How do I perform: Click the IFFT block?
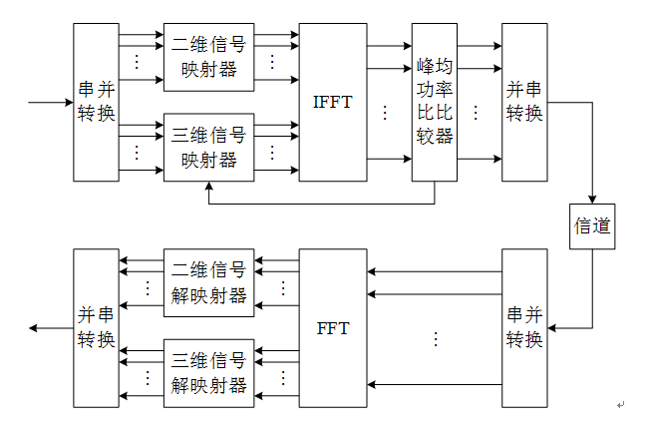(333, 102)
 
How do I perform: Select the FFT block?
(333, 328)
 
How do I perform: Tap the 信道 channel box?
(591, 227)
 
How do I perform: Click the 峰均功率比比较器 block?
(435, 102)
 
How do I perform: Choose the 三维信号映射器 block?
(209, 147)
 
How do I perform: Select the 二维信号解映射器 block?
(209, 282)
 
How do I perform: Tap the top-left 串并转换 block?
(96, 102)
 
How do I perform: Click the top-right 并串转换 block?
(524, 102)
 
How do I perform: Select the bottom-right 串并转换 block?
(524, 328)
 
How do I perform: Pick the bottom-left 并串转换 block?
(96, 328)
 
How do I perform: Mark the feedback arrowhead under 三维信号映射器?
(209, 187)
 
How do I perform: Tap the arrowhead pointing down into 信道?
(591, 201)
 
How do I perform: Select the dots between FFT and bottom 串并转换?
(435, 339)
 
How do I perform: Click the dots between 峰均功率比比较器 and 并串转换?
(476, 112)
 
